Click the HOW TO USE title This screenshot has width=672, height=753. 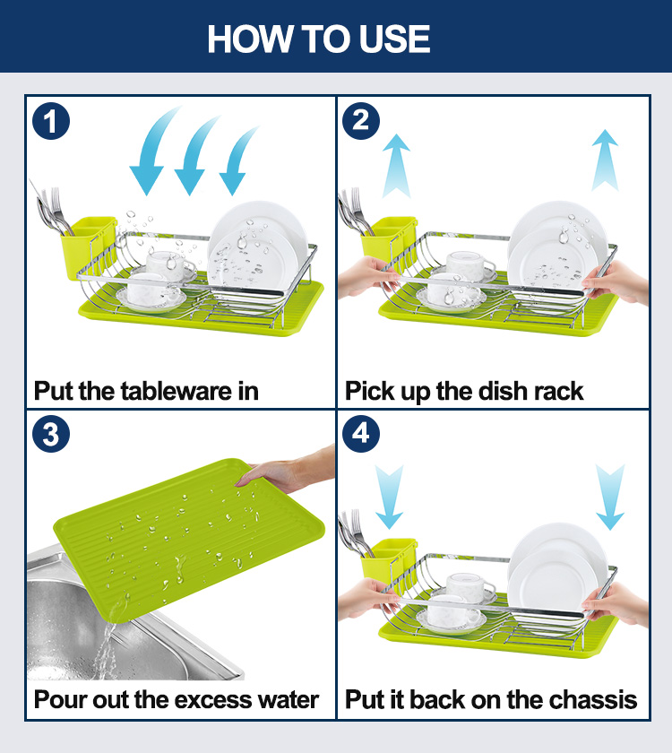point(319,39)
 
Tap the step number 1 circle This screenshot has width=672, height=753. point(51,121)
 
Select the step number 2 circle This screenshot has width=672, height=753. point(361,121)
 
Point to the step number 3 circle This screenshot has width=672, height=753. point(51,434)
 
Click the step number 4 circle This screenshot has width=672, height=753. point(361,434)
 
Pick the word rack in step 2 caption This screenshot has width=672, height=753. point(558,391)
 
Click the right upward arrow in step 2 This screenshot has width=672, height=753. point(605,160)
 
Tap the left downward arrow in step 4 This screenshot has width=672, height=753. point(389,497)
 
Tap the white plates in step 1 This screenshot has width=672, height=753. point(257,255)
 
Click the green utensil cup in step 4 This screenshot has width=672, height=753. point(389,559)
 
